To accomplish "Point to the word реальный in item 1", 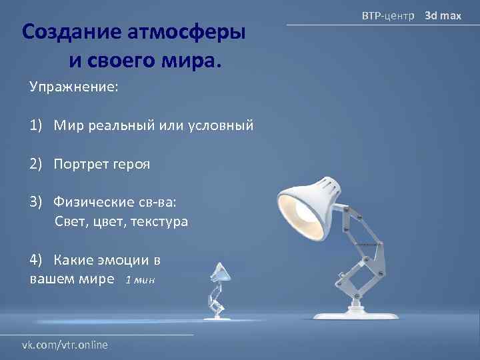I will tap(122, 125).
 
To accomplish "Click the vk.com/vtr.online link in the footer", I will tap(65, 345).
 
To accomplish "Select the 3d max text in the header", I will tap(443, 15).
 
